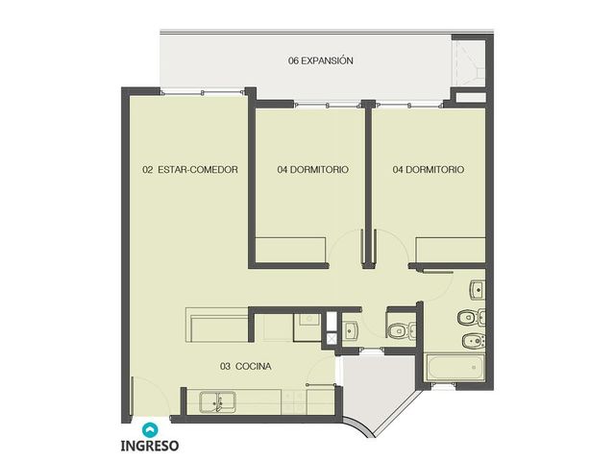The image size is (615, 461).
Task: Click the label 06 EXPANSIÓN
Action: click(320, 61)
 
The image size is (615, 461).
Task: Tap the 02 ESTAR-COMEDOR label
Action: click(190, 170)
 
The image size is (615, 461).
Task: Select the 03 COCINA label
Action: click(246, 367)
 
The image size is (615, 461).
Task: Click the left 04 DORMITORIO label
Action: click(312, 170)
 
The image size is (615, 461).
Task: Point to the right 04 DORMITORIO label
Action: click(429, 170)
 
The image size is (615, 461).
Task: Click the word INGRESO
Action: click(150, 446)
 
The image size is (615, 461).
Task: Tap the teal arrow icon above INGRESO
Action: click(150, 430)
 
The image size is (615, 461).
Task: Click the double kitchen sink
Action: click(218, 402)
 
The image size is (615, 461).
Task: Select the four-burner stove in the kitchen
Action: click(294, 401)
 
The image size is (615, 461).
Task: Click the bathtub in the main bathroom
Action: click(455, 367)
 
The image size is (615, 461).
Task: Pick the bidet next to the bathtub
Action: click(474, 342)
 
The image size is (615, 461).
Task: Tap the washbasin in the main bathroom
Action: click(478, 290)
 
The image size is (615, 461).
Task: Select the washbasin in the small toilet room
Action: click(350, 330)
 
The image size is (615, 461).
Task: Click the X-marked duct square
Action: click(332, 338)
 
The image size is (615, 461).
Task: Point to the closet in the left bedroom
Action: click(290, 250)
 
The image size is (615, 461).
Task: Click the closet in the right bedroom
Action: click(451, 250)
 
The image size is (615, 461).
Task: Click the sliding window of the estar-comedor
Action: click(203, 92)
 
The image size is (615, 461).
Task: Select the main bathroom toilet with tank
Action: click(472, 317)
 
